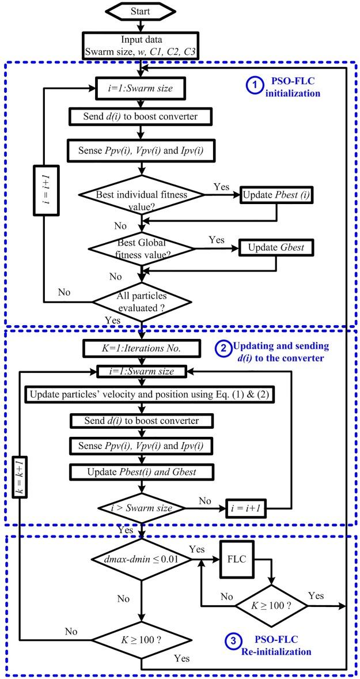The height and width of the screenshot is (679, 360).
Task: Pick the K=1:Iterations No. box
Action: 141,349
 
